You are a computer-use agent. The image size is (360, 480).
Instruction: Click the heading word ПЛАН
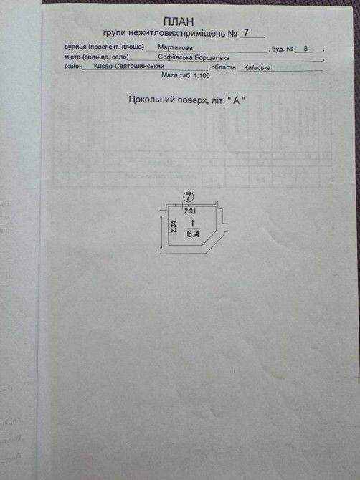tap(179, 21)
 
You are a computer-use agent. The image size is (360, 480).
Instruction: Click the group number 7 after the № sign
tap(246, 32)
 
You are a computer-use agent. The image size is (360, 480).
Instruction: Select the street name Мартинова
tap(175, 47)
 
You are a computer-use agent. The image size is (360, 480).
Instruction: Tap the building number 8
tap(305, 49)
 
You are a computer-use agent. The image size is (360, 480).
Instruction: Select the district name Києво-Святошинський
tap(129, 66)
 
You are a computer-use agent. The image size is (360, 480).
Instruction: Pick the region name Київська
tap(257, 67)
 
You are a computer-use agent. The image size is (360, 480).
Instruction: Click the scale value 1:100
tap(202, 75)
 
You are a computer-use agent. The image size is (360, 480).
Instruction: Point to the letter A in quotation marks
tap(236, 100)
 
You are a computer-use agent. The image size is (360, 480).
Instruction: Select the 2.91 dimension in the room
tap(190, 211)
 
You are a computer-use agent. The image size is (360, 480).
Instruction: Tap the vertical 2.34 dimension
tap(174, 227)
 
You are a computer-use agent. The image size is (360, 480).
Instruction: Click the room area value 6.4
tap(193, 234)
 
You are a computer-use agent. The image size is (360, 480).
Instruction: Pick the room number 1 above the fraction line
tap(192, 224)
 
